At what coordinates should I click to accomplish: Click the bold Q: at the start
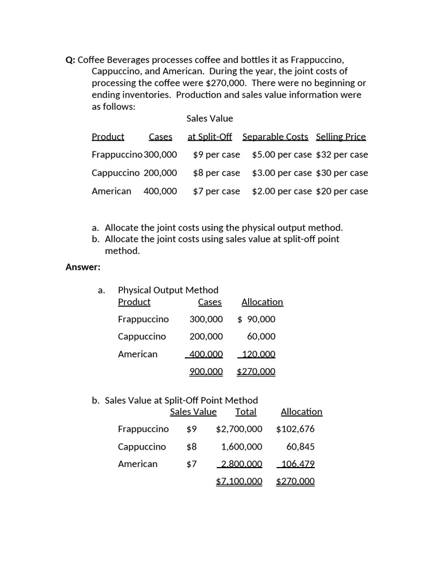(x=71, y=59)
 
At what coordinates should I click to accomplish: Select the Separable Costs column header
(x=275, y=136)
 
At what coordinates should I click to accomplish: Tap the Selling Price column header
(x=341, y=136)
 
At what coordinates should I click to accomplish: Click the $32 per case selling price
(x=342, y=154)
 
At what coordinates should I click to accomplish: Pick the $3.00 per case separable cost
(x=281, y=172)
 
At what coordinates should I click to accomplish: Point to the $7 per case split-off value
(x=216, y=191)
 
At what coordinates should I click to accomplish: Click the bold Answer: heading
(x=83, y=267)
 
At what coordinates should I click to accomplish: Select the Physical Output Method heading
(x=168, y=290)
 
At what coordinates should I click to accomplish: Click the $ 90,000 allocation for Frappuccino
(x=257, y=319)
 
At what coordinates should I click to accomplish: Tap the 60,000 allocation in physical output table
(x=261, y=336)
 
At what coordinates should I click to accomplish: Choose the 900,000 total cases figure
(x=206, y=371)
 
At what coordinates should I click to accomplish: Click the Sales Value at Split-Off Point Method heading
(x=181, y=400)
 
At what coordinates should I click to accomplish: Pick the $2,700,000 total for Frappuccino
(x=239, y=429)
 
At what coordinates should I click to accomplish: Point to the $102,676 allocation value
(x=295, y=429)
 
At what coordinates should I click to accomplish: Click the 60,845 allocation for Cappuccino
(x=301, y=446)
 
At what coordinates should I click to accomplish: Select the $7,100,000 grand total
(x=239, y=481)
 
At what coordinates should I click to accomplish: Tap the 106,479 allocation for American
(x=297, y=464)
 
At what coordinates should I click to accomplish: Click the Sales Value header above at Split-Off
(x=210, y=118)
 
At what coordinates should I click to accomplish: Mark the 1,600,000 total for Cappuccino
(x=241, y=446)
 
